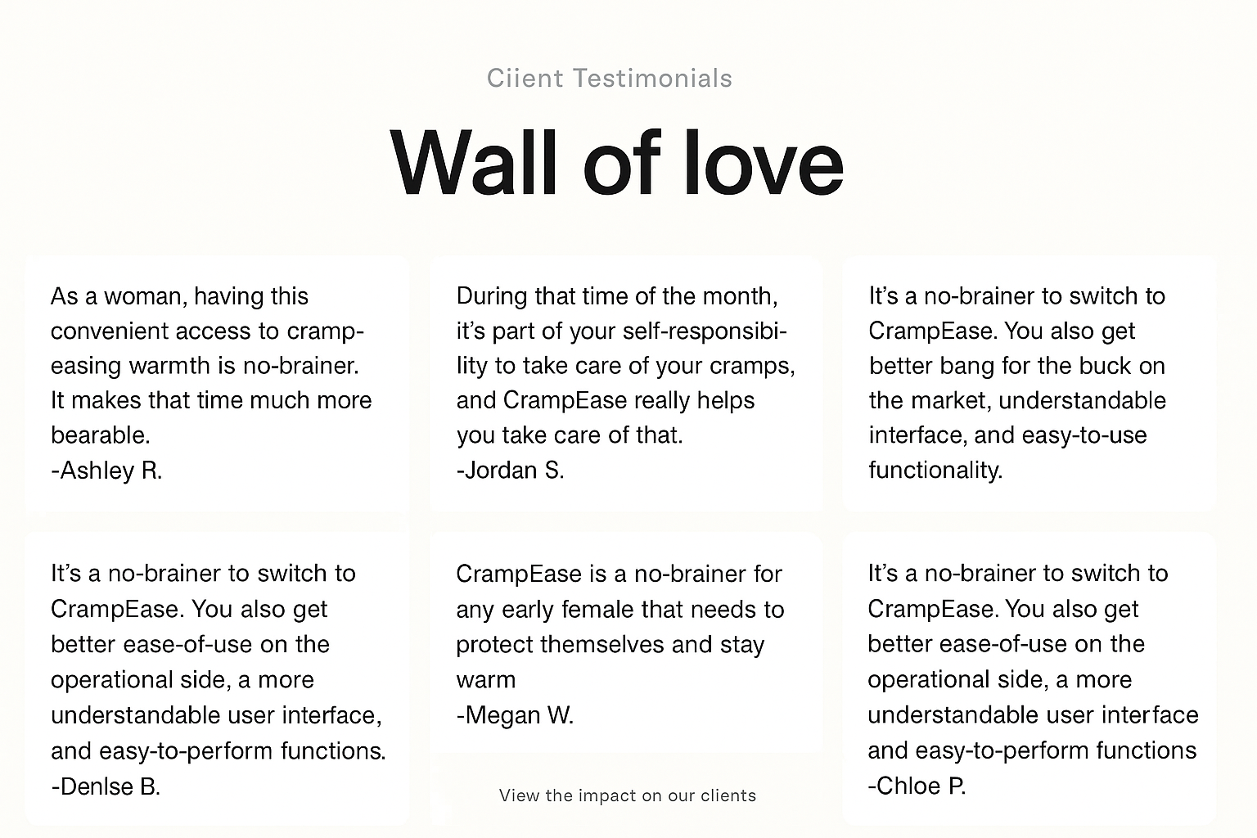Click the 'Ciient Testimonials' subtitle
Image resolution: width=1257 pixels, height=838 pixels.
coord(610,78)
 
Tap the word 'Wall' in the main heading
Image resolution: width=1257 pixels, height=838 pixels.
coord(473,163)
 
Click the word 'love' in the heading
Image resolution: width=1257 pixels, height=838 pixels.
coord(764,163)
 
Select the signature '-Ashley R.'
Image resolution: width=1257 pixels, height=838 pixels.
coord(106,471)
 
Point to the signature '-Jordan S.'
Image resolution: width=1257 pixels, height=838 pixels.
coord(510,471)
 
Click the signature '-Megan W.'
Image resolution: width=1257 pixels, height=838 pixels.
coord(515,715)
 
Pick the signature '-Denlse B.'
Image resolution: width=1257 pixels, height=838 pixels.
coord(106,786)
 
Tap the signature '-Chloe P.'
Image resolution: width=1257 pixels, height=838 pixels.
coord(917,786)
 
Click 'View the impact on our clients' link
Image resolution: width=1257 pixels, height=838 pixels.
coord(628,795)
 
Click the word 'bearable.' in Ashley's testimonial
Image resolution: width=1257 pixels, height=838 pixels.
coord(101,435)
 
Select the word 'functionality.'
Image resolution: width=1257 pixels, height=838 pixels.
coord(935,471)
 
